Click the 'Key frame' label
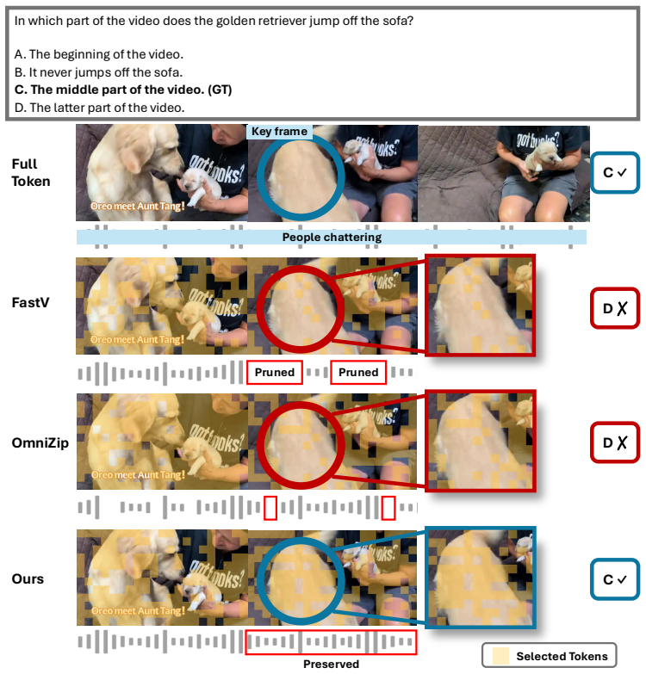[x=280, y=132]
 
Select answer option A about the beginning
[x=99, y=54]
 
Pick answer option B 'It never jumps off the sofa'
[x=98, y=72]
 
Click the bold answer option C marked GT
[x=123, y=90]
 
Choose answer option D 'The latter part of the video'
[x=99, y=108]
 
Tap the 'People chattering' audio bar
[x=332, y=238]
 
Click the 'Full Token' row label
[x=30, y=173]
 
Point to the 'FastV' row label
[x=30, y=303]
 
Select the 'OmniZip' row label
[x=40, y=442]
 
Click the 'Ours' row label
[x=28, y=579]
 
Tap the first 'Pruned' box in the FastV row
[x=275, y=372]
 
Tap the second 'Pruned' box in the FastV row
[x=358, y=372]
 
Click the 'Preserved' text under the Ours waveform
[x=331, y=665]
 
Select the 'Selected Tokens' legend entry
[x=550, y=656]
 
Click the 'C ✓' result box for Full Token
[x=615, y=172]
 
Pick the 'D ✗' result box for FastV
[x=615, y=308]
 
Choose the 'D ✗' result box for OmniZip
[x=615, y=442]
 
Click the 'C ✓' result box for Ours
[x=615, y=579]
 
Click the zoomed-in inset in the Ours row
[x=481, y=578]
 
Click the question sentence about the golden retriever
[x=214, y=21]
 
